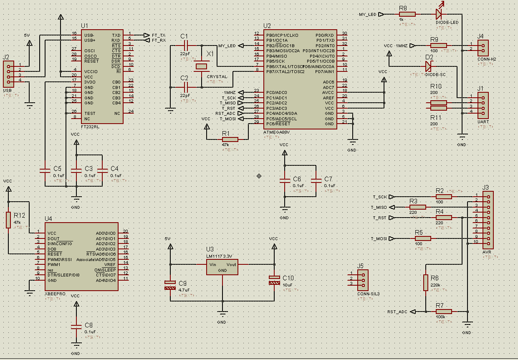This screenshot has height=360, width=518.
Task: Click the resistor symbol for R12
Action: pyautogui.click(x=8, y=220)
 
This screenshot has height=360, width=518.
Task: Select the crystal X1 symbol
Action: pyautogui.click(x=202, y=66)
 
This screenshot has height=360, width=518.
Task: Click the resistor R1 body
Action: pyautogui.click(x=230, y=139)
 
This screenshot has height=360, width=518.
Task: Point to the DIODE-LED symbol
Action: pyautogui.click(x=438, y=14)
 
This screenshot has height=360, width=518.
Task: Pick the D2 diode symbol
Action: pyautogui.click(x=429, y=66)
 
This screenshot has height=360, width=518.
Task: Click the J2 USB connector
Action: pyautogui.click(x=8, y=73)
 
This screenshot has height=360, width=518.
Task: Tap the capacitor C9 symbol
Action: pyautogui.click(x=170, y=285)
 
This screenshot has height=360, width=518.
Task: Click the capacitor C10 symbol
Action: pyautogui.click(x=274, y=280)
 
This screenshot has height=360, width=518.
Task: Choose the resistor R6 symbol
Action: pyautogui.click(x=425, y=282)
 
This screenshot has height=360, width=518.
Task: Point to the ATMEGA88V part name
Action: pyautogui.click(x=276, y=132)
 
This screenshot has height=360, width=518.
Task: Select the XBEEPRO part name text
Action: pyautogui.click(x=55, y=294)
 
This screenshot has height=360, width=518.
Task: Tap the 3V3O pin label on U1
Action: pyautogui.click(x=89, y=82)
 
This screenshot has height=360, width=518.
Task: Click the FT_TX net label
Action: pyautogui.click(x=159, y=35)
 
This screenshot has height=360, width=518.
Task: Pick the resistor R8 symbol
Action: pyautogui.click(x=407, y=14)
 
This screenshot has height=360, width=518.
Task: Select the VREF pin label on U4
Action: pyautogui.click(x=110, y=264)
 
